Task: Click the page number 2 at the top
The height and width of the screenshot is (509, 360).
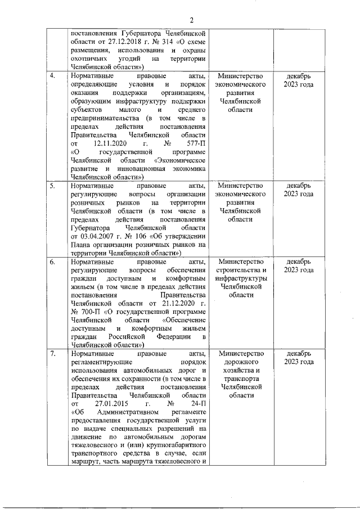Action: click(191, 21)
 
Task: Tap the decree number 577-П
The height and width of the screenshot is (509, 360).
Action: click(195, 143)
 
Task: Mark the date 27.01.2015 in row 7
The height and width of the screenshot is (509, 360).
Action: click(113, 404)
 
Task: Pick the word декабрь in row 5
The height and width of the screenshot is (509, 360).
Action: click(298, 186)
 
